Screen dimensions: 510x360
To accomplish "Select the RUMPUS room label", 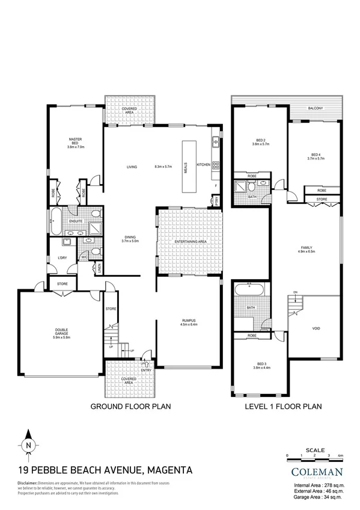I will pyautogui.click(x=190, y=321).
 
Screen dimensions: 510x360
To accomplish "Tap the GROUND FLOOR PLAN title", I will pyautogui.click(x=130, y=407).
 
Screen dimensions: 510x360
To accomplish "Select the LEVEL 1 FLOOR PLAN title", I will pyautogui.click(x=284, y=407).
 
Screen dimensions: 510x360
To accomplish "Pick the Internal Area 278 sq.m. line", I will pyautogui.click(x=316, y=485).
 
